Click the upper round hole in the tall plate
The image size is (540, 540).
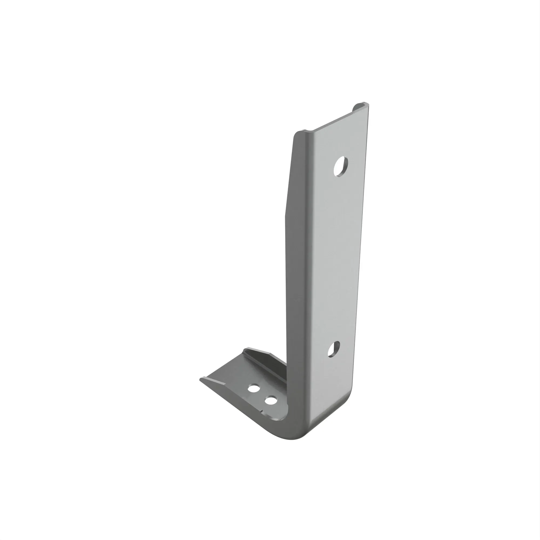click(x=341, y=166)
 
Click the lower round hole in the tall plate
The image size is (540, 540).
click(x=333, y=349)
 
